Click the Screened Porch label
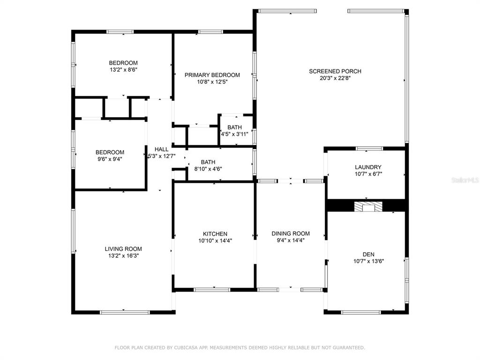point(335,71)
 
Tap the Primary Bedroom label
point(212,75)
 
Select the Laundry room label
point(368,167)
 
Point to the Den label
point(368,255)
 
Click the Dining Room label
point(291,233)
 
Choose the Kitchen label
point(215,234)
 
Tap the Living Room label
point(123,249)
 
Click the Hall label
point(161,150)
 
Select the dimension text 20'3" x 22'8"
point(335,78)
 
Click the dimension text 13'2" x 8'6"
point(123,69)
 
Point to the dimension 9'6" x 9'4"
point(110,159)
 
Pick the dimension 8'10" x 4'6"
point(208,169)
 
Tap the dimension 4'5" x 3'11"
point(234,134)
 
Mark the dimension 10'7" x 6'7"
point(368,174)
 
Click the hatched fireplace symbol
point(368,206)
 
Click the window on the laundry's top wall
point(369,149)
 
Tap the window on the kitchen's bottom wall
point(212,290)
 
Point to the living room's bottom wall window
point(125,312)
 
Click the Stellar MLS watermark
point(465,180)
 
